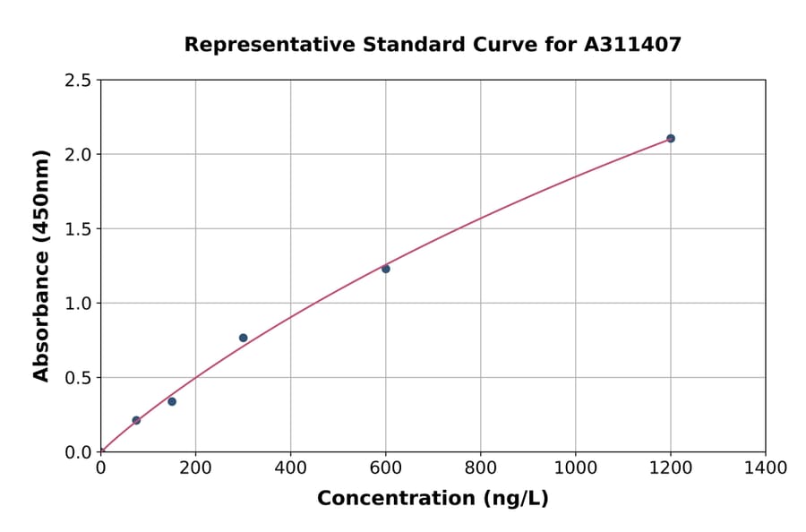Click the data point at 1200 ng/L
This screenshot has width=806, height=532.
[x=670, y=139]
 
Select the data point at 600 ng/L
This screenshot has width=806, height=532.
[x=386, y=269]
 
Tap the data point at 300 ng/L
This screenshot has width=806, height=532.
[x=243, y=338]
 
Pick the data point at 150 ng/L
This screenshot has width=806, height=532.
[x=172, y=401]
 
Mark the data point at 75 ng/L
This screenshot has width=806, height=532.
[x=136, y=420]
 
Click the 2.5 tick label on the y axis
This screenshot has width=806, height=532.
[x=79, y=81]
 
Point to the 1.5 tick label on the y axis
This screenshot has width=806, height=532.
[x=79, y=229]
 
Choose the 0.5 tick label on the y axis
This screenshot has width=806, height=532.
[x=79, y=378]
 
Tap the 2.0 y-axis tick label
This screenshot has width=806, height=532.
[x=79, y=155]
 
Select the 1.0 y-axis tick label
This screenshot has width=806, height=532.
[x=79, y=304]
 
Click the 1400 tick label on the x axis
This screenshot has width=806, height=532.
[x=765, y=468]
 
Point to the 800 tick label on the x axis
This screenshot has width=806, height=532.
[x=480, y=468]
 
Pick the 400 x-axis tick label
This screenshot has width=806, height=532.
[x=290, y=468]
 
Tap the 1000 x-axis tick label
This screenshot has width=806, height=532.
[x=575, y=468]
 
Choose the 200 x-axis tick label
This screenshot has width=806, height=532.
[x=195, y=468]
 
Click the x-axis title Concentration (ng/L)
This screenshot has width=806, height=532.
[x=433, y=499]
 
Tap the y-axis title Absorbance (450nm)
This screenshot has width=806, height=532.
[x=41, y=265]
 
